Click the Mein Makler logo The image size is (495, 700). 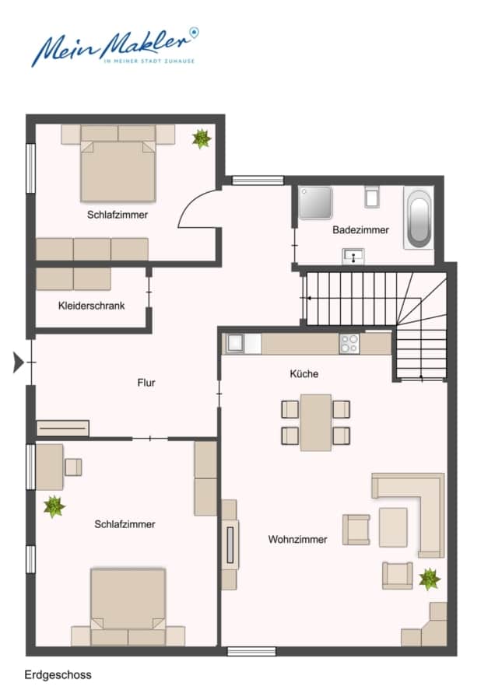click(115, 47)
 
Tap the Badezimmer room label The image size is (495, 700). click(360, 230)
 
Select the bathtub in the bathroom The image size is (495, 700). click(419, 219)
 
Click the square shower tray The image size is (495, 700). click(315, 203)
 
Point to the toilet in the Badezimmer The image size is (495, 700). click(372, 197)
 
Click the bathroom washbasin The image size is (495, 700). click(353, 256)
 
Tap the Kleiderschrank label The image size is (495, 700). click(92, 306)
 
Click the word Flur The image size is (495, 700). click(146, 383)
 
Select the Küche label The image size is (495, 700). click(304, 373)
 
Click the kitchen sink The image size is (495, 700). click(235, 343)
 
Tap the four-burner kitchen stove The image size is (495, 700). click(349, 343)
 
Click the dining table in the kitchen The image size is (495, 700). click(316, 422)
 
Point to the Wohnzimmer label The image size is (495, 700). click(297, 539)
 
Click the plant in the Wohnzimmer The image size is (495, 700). click(430, 579)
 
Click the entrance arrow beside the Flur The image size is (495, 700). click(18, 362)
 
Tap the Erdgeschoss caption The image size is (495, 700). click(58, 674)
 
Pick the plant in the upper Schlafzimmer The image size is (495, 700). click(202, 138)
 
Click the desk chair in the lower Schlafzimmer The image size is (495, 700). click(73, 467)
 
